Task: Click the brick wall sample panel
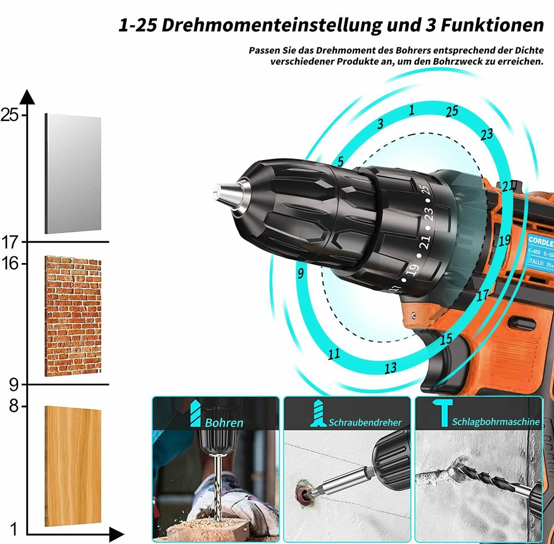73,316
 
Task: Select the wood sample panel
73,466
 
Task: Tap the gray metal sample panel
73,174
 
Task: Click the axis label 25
10,114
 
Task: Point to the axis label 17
10,242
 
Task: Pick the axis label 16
10,263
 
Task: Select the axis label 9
14,384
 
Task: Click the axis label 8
14,406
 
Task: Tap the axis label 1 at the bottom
14,529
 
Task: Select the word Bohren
224,422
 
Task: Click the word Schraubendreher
365,422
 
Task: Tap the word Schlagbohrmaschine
495,422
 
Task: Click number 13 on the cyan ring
391,368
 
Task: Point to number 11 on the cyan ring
334,354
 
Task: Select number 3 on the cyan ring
380,124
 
